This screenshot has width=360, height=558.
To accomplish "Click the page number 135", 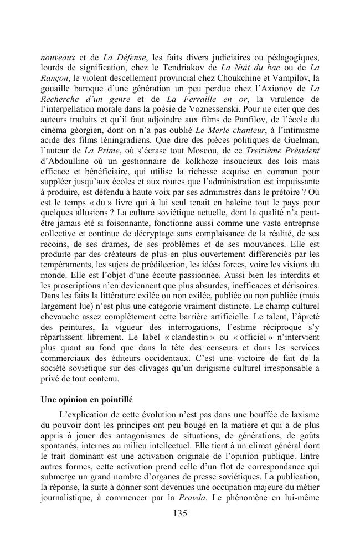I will coord(180,513).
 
